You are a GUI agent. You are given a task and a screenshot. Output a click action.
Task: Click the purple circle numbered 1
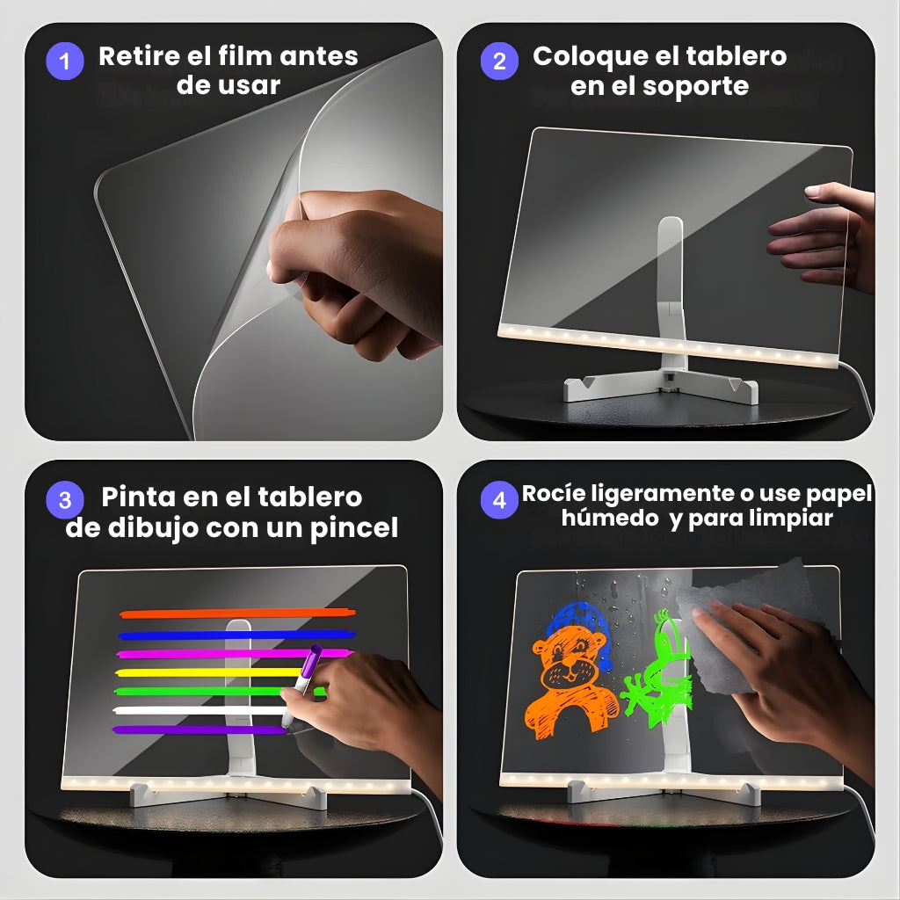[x=64, y=62]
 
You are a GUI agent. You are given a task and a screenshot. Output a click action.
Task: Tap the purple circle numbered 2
[x=499, y=62]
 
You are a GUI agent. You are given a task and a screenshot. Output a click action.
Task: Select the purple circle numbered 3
[x=64, y=500]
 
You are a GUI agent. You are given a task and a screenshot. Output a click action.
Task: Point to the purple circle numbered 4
[x=499, y=500]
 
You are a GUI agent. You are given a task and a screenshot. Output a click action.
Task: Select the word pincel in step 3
[x=353, y=527]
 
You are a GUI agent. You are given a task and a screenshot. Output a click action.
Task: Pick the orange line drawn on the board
[x=237, y=613]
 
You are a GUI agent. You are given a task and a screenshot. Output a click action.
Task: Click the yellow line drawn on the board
[x=211, y=672]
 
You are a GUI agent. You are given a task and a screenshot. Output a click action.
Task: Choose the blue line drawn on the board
[x=237, y=634]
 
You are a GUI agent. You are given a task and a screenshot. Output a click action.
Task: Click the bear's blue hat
[x=577, y=620]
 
